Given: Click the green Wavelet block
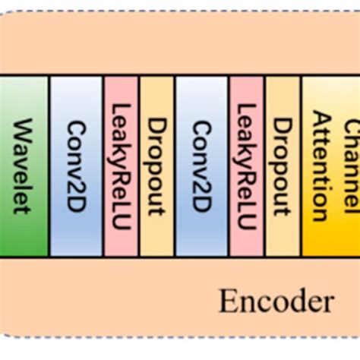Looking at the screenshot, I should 24,165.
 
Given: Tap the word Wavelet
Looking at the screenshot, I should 23,166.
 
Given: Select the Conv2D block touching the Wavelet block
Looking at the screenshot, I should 76,165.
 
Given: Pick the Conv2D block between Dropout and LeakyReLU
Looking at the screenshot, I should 202,165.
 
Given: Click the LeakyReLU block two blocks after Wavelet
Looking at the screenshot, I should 122,165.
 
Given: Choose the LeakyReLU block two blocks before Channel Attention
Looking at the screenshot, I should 247,165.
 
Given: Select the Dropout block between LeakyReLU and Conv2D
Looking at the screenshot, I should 157,165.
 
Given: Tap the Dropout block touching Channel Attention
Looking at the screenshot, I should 283,165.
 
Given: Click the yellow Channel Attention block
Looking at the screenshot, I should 331,165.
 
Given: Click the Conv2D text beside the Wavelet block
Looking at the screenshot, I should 75,166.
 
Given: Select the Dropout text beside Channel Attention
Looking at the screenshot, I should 283,166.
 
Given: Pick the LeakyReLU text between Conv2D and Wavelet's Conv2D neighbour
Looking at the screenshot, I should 122,166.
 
